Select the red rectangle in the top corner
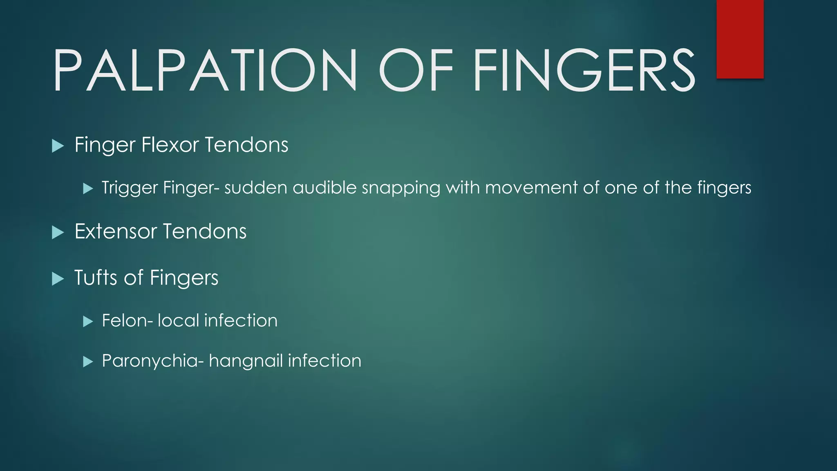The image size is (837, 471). (x=740, y=39)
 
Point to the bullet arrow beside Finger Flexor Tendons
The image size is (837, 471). (x=58, y=146)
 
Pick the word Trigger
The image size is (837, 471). (x=130, y=188)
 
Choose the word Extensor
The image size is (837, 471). (x=116, y=231)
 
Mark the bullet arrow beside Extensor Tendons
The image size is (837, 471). (x=58, y=233)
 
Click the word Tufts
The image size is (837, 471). (x=96, y=278)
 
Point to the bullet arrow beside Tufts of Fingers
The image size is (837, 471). (x=58, y=279)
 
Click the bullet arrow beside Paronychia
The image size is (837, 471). (x=88, y=361)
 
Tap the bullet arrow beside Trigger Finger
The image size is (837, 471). (x=88, y=188)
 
